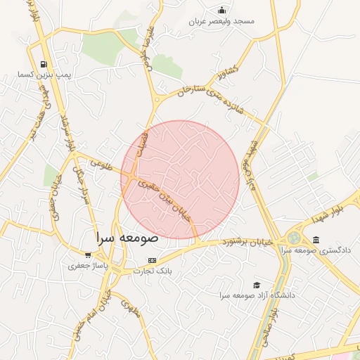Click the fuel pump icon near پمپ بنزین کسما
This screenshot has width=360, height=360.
(44, 63)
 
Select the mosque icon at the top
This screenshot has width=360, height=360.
(222, 10)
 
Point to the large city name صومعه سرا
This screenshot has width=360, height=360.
(127, 238)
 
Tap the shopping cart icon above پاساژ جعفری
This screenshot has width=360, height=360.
(88, 255)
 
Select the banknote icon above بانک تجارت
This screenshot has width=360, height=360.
(153, 260)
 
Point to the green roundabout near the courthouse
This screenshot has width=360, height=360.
(294, 238)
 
